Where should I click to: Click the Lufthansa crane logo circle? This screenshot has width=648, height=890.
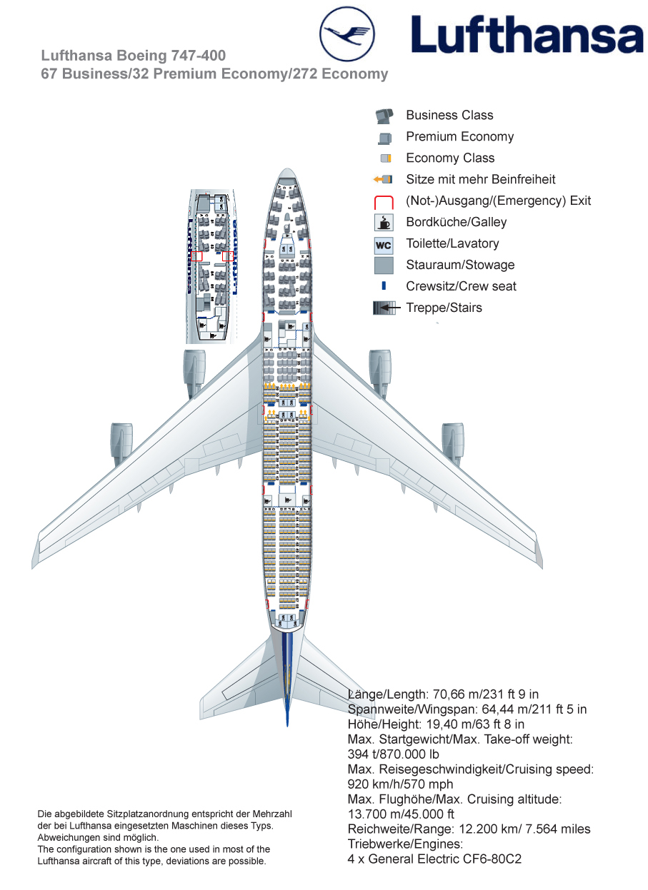(347, 34)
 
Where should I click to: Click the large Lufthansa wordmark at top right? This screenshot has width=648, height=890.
(527, 35)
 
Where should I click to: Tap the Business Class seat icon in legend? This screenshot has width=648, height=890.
(384, 116)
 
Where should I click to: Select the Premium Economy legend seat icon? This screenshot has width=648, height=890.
(385, 138)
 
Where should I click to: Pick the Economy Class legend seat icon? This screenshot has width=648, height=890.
(386, 158)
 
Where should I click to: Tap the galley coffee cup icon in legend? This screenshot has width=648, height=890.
(384, 223)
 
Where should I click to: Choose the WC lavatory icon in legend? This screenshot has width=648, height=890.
(384, 245)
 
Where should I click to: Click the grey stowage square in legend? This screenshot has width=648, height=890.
(384, 266)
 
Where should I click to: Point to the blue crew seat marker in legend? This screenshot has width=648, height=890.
(384, 286)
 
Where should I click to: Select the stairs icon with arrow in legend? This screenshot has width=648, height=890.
(384, 308)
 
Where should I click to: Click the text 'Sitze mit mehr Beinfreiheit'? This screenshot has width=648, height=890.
(480, 179)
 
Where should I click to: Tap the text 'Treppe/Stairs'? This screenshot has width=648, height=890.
(444, 308)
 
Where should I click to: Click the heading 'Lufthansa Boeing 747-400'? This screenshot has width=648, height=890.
(134, 56)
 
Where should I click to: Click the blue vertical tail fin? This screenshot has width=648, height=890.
(287, 678)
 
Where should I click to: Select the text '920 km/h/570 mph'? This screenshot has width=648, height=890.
(399, 784)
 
